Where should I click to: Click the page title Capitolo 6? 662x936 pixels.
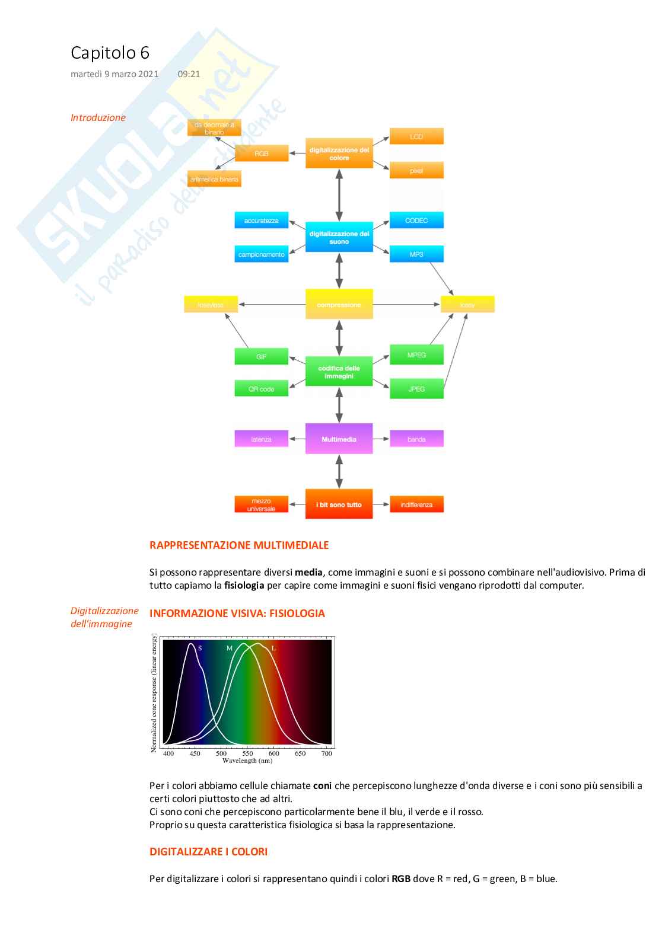pyautogui.click(x=110, y=53)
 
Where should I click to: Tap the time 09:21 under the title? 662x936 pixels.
pyautogui.click(x=189, y=74)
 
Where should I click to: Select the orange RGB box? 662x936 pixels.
pyautogui.click(x=262, y=154)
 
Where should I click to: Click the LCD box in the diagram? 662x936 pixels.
pyautogui.click(x=416, y=136)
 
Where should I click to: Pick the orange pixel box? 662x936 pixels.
pyautogui.click(x=416, y=171)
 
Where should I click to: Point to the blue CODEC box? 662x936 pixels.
pyautogui.click(x=416, y=221)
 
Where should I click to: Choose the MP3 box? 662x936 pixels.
pyautogui.click(x=416, y=254)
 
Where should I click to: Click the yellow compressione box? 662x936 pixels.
pyautogui.click(x=339, y=305)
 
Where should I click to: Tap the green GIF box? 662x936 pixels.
pyautogui.click(x=262, y=357)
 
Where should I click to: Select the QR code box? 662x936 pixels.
pyautogui.click(x=262, y=389)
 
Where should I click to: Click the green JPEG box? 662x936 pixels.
pyautogui.click(x=416, y=389)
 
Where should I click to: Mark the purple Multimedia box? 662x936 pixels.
pyautogui.click(x=339, y=439)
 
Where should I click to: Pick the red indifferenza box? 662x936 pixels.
pyautogui.click(x=416, y=504)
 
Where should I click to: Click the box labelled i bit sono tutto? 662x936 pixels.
pyautogui.click(x=339, y=504)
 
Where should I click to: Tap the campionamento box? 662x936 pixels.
pyautogui.click(x=262, y=254)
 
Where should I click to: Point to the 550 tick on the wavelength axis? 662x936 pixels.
pyautogui.click(x=247, y=753)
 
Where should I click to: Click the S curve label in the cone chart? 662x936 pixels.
pyautogui.click(x=200, y=649)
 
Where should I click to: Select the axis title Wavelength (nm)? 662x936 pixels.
pyautogui.click(x=247, y=761)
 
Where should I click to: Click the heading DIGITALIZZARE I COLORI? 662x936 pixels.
pyautogui.click(x=208, y=852)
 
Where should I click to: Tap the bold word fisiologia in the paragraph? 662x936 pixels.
pyautogui.click(x=244, y=586)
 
